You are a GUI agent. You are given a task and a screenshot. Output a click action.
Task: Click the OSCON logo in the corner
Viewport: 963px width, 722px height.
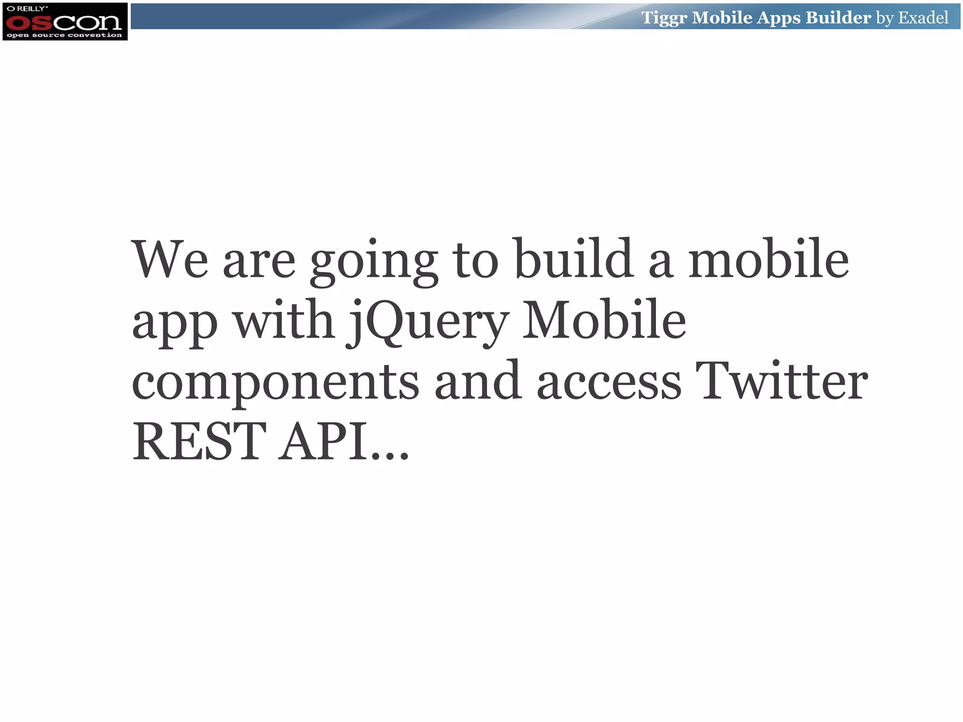coord(64,22)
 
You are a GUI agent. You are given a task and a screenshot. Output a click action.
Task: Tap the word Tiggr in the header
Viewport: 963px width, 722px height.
coord(664,18)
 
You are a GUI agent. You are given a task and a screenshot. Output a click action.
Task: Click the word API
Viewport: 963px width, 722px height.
coord(323,441)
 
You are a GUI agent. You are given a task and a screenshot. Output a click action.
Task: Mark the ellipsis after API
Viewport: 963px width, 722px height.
coord(390,454)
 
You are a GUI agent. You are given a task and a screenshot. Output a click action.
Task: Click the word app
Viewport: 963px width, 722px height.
coord(174,325)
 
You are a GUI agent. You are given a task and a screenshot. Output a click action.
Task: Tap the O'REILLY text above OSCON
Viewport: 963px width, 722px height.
coord(27,8)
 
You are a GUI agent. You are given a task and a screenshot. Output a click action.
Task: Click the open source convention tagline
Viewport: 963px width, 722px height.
coord(64,35)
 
